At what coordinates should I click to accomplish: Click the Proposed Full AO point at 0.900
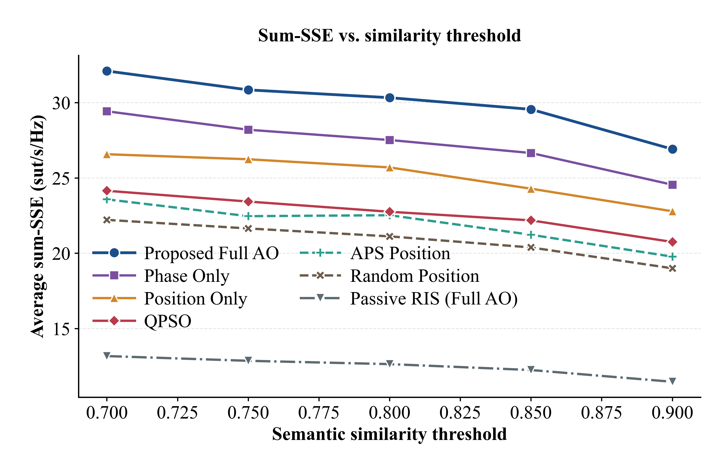click(x=672, y=149)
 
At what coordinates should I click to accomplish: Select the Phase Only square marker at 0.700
click(x=107, y=111)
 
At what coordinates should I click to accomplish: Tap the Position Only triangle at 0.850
click(x=531, y=189)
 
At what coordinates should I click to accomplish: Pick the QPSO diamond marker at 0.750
click(x=248, y=202)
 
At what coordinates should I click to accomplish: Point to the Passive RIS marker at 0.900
click(x=672, y=381)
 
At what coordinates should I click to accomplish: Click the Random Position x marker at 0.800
click(x=390, y=237)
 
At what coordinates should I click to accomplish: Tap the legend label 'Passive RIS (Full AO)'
click(x=434, y=299)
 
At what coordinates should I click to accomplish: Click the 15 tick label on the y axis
click(x=61, y=329)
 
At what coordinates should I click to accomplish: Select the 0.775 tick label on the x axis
click(x=319, y=413)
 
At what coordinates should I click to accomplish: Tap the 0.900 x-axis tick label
click(x=672, y=413)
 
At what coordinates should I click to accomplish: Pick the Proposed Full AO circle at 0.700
click(x=107, y=71)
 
